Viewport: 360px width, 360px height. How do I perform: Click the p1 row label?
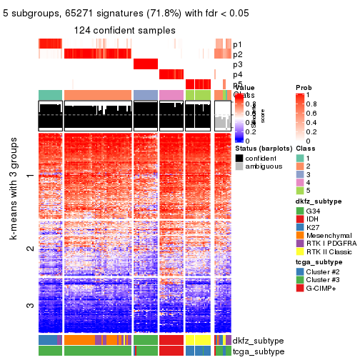(x=237, y=44)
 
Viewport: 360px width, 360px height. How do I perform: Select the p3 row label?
(x=237, y=64)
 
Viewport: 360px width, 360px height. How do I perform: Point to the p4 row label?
(x=237, y=74)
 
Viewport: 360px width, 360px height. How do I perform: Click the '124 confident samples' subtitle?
(x=125, y=30)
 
